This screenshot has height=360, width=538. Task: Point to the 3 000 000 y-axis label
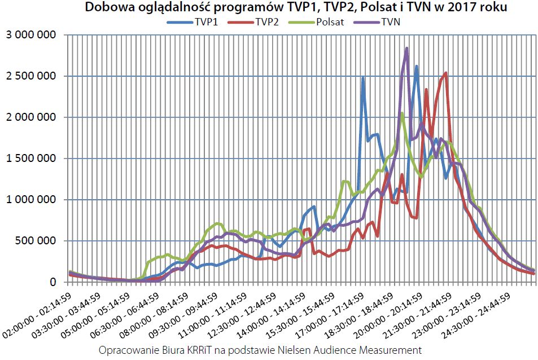pos(31,35)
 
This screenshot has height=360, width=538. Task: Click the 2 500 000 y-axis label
pos(31,76)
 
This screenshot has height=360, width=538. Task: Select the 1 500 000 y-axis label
pos(31,159)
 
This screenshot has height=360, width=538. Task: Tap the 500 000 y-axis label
pos(36,241)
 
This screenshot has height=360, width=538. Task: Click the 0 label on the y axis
pos(54,282)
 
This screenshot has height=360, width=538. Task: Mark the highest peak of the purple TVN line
pos(406,49)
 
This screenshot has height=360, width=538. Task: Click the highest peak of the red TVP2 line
pos(445,73)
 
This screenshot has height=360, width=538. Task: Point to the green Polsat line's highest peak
pos(402,113)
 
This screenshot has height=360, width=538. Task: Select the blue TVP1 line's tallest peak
pos(417,67)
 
